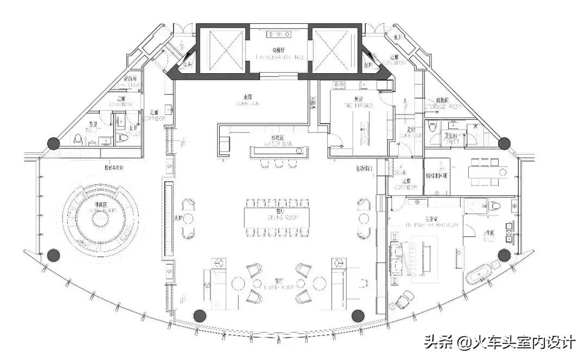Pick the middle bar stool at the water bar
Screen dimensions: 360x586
point(279,163)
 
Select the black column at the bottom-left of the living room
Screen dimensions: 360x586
point(199,315)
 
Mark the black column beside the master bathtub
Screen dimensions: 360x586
point(505,254)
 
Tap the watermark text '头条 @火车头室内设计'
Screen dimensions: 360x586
point(499,343)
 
